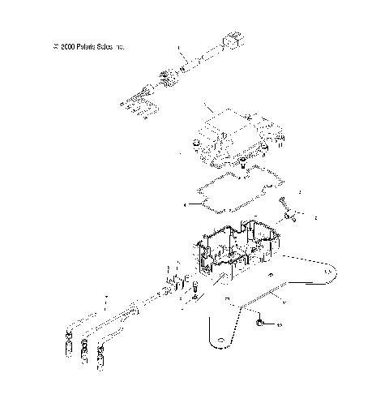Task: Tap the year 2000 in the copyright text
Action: [x=64, y=48]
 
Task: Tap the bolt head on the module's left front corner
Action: [x=195, y=144]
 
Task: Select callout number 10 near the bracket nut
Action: [x=279, y=324]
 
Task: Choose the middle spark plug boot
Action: [x=83, y=354]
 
